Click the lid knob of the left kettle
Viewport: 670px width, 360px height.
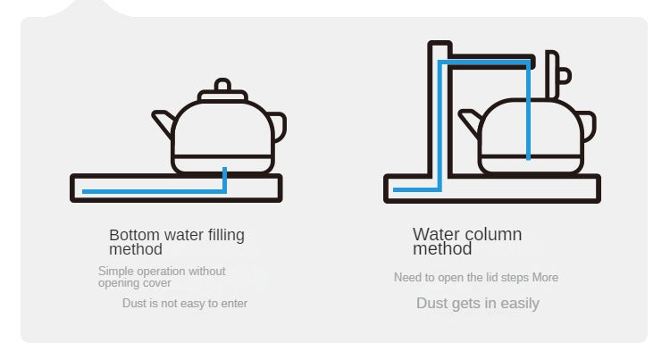point(222,84)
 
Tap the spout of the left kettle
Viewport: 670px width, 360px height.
point(163,122)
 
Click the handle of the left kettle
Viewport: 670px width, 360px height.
point(279,127)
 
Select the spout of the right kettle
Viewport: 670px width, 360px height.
point(470,121)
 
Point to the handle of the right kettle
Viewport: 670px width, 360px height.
point(588,126)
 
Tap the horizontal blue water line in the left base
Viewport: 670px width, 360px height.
point(153,191)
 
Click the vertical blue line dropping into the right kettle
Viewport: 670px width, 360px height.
point(529,112)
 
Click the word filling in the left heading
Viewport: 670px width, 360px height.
point(226,235)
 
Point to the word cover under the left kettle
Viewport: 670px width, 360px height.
point(157,283)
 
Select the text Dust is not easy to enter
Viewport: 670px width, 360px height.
point(185,303)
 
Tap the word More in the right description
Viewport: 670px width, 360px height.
point(545,278)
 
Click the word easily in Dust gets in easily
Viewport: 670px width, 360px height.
point(520,304)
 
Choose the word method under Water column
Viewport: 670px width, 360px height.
point(442,249)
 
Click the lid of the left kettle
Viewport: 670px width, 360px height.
point(222,96)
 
